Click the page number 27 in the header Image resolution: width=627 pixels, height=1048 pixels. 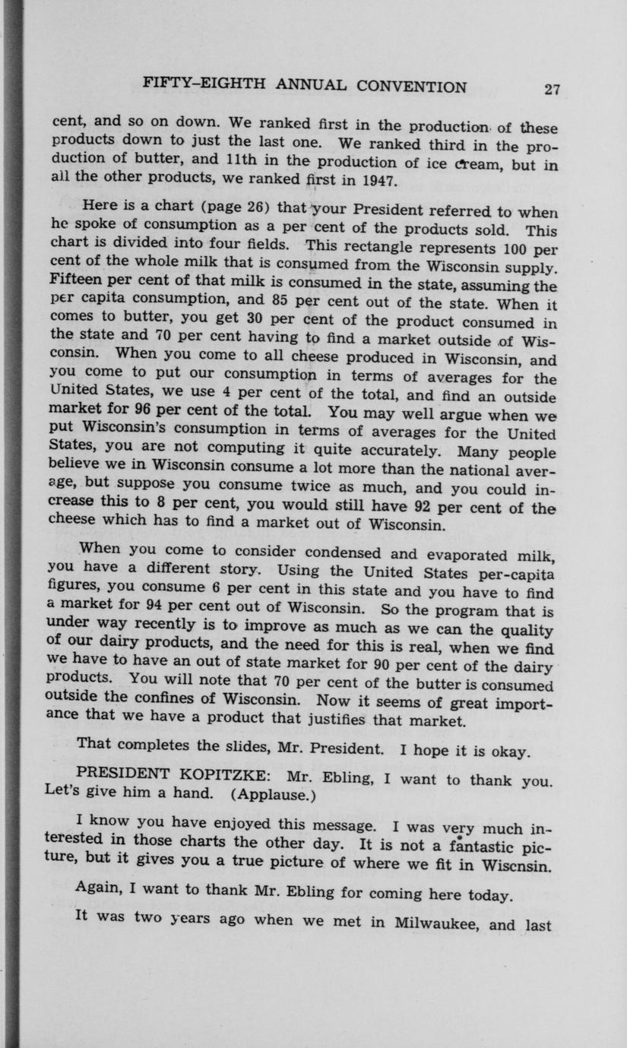click(552, 89)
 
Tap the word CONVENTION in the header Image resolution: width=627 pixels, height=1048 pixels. click(411, 87)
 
